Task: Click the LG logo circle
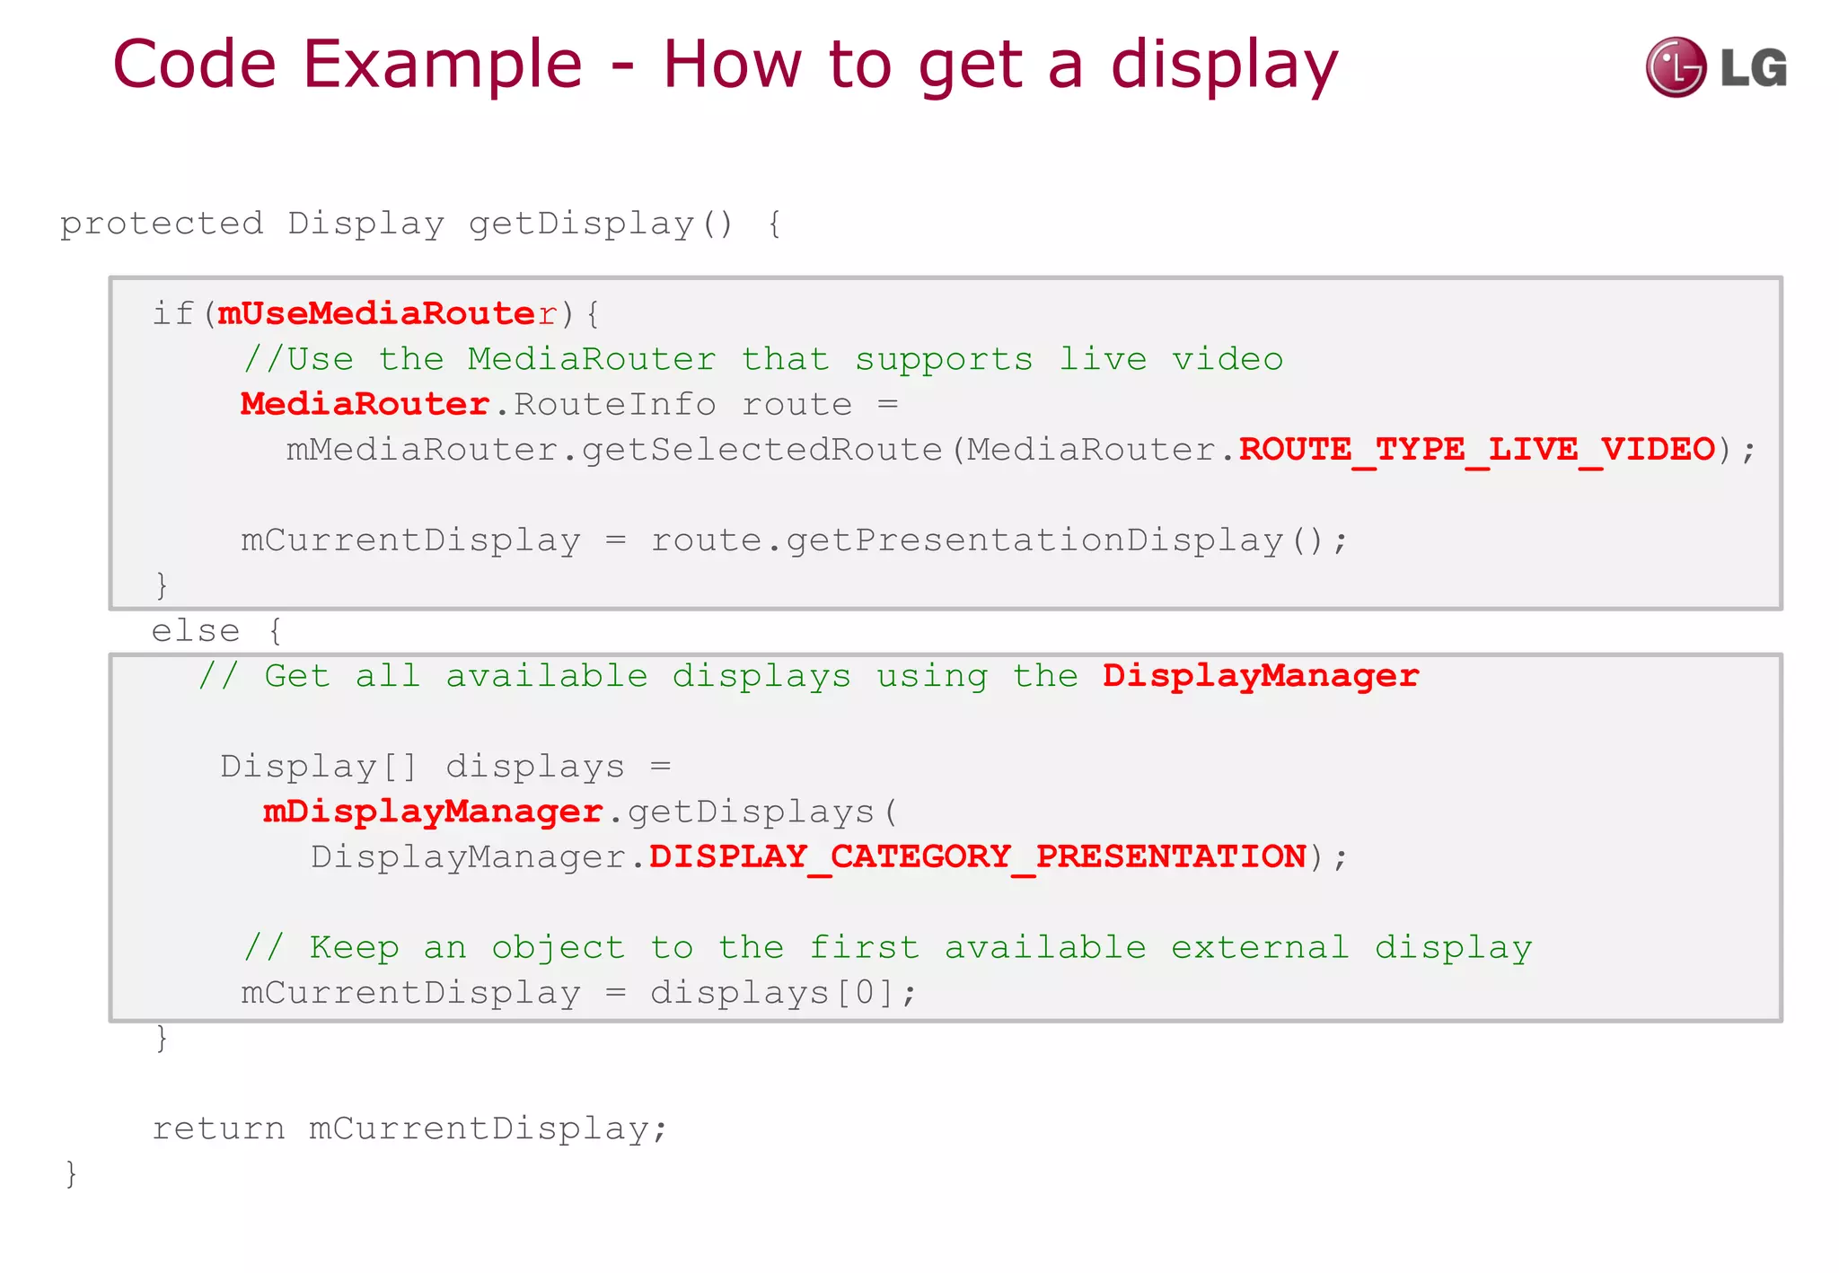[1675, 67]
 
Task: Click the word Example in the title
[442, 65]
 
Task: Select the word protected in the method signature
[162, 224]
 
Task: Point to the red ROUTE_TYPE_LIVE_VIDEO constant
[1477, 449]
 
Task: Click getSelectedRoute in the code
[762, 449]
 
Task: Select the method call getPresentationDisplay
[1034, 540]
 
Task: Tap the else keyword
[195, 631]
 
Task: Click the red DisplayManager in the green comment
[1261, 676]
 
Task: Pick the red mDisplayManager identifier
[433, 812]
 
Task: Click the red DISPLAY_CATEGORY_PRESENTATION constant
[977, 856]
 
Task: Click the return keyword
[218, 1128]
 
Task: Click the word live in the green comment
[1103, 359]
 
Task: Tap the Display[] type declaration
[319, 767]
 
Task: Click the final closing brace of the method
[71, 1174]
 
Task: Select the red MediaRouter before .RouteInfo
[365, 404]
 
